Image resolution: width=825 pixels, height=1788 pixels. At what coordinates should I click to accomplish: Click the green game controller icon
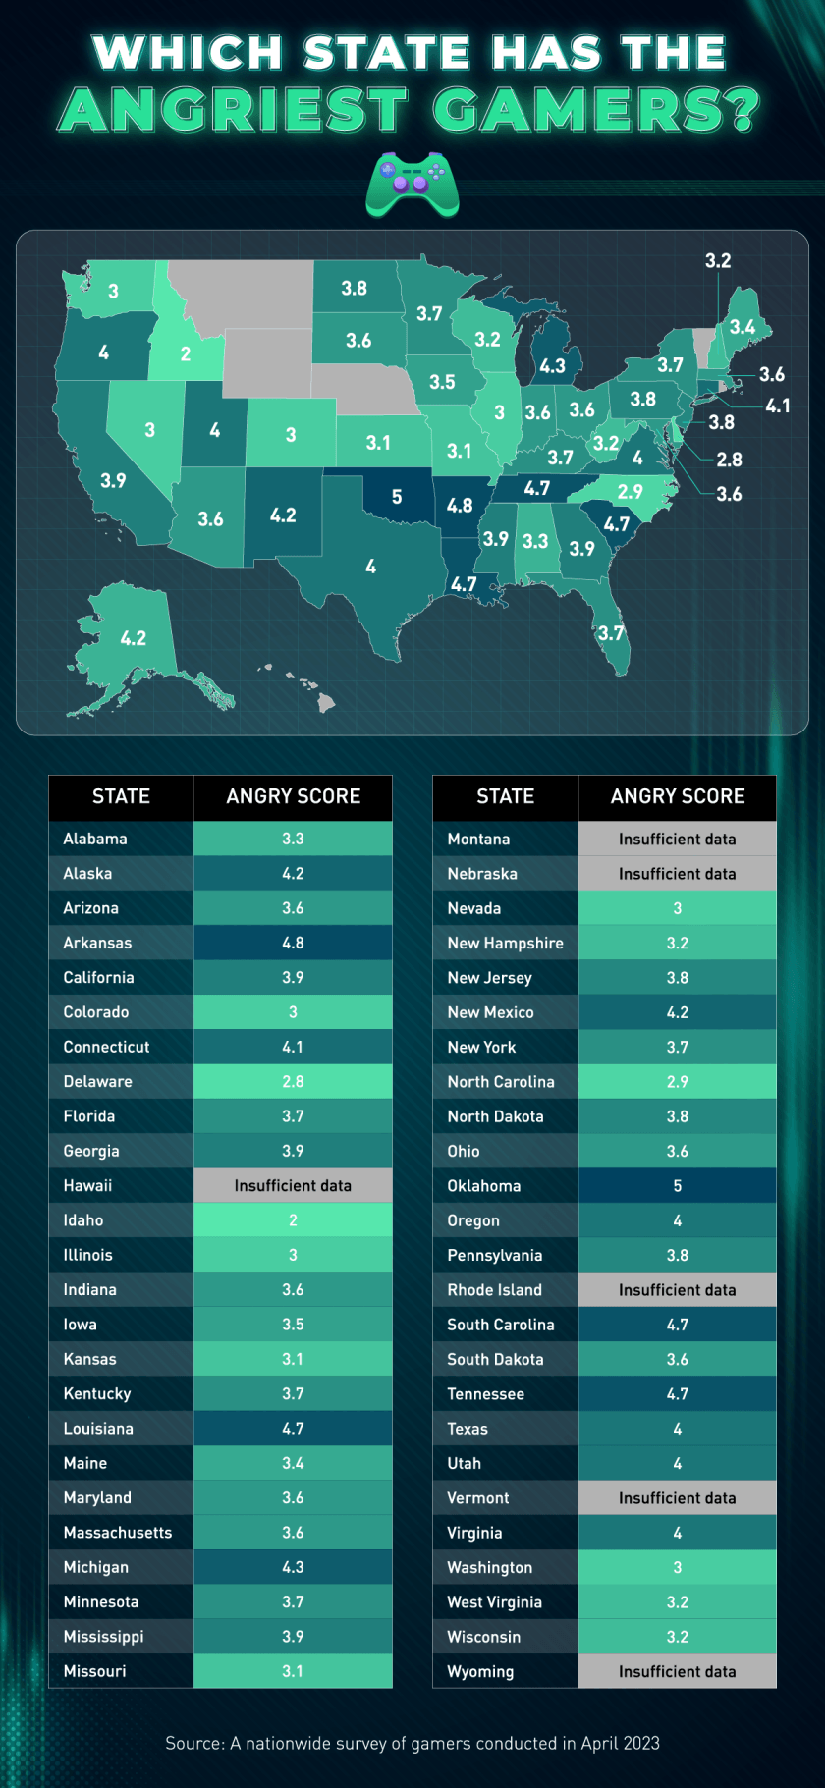412,184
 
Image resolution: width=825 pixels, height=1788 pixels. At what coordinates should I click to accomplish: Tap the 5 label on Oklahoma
397,497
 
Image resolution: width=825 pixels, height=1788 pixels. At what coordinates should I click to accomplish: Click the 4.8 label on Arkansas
459,506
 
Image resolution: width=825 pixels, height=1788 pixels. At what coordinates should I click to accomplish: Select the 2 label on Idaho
186,354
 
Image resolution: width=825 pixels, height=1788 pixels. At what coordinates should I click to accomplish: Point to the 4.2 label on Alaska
134,638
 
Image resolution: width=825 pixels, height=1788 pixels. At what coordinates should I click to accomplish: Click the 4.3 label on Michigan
552,366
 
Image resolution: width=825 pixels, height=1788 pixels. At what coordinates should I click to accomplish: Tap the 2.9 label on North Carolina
630,492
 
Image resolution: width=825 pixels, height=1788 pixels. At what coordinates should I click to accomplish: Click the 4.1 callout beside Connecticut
777,406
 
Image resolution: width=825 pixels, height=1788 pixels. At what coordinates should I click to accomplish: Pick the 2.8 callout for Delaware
729,460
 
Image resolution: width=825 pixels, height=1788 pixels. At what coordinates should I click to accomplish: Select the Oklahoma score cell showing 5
677,1185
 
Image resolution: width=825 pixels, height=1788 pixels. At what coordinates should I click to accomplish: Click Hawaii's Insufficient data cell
293,1185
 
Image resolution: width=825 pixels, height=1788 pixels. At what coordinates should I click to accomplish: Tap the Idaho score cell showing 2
293,1220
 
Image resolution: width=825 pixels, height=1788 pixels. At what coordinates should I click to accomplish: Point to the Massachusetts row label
117,1533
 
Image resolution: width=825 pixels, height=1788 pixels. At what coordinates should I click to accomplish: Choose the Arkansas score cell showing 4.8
293,943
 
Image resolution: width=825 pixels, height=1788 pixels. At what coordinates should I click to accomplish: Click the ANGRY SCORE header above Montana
677,796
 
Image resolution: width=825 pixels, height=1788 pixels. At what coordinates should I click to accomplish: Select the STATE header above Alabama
121,796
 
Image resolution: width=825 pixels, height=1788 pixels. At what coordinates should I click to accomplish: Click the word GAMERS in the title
595,110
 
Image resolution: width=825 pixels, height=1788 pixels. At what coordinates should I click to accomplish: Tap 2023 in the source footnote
640,1743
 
